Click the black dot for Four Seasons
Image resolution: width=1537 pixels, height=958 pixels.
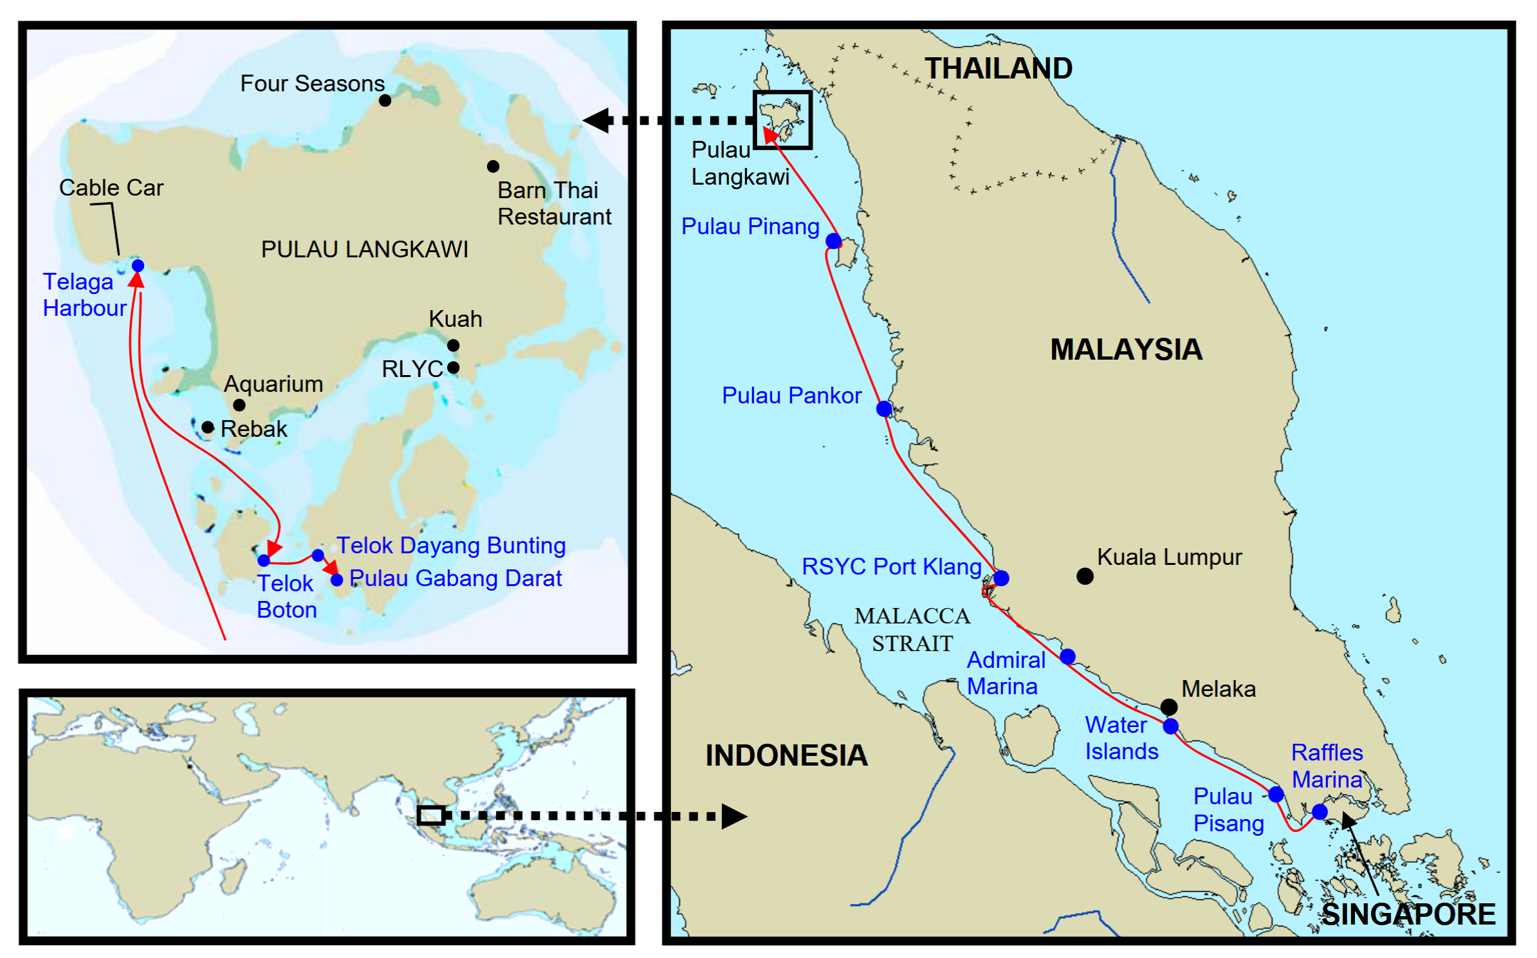tap(385, 100)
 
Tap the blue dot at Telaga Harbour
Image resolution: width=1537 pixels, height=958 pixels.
tap(138, 266)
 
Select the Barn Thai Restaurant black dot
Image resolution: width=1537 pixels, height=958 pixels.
tap(493, 167)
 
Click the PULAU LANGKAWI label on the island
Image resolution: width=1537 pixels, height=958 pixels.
tap(364, 250)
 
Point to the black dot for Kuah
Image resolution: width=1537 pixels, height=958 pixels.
tap(453, 345)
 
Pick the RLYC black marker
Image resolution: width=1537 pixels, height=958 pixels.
tap(453, 367)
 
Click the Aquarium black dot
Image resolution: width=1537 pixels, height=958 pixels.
tap(239, 405)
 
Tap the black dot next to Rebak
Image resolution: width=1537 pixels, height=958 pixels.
tap(207, 427)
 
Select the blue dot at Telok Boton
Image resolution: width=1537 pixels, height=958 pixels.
tap(264, 560)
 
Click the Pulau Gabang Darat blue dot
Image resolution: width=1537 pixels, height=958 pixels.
tap(336, 580)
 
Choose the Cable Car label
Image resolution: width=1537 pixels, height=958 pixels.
tap(111, 188)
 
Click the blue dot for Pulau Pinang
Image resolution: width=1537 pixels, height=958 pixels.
tap(833, 241)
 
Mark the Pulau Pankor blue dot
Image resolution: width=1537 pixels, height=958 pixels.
tap(884, 409)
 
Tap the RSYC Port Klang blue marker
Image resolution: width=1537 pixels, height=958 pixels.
tap(1001, 578)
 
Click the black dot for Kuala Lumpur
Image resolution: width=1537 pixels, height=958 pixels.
tap(1085, 576)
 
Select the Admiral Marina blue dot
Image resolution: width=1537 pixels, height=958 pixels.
tap(1067, 656)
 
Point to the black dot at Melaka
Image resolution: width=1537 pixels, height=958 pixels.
tap(1169, 707)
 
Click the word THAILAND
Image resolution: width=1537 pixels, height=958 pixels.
tap(998, 68)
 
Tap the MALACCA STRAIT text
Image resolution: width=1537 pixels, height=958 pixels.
tap(912, 629)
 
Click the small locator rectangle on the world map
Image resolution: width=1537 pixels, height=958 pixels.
tap(430, 815)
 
